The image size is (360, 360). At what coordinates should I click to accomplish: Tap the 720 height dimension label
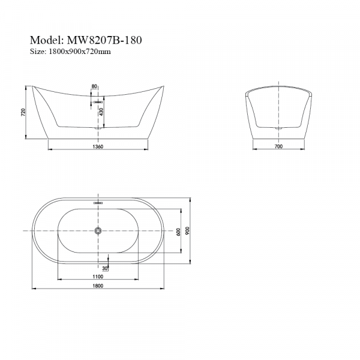[23, 112]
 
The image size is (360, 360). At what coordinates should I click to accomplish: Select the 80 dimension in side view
[94, 87]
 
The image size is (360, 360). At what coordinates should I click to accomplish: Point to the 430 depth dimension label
[109, 111]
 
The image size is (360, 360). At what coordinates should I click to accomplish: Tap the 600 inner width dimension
[178, 231]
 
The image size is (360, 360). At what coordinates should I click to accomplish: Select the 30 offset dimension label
[106, 268]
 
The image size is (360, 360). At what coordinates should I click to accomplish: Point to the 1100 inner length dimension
[98, 277]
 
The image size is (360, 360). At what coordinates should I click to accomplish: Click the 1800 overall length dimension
[98, 286]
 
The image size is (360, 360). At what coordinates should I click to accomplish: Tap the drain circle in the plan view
[99, 230]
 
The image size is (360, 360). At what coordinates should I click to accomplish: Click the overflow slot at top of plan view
[99, 203]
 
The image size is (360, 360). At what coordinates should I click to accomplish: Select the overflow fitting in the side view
[97, 103]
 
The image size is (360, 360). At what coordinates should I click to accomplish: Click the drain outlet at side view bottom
[98, 127]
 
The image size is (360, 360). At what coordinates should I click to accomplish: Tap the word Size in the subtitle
[37, 52]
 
